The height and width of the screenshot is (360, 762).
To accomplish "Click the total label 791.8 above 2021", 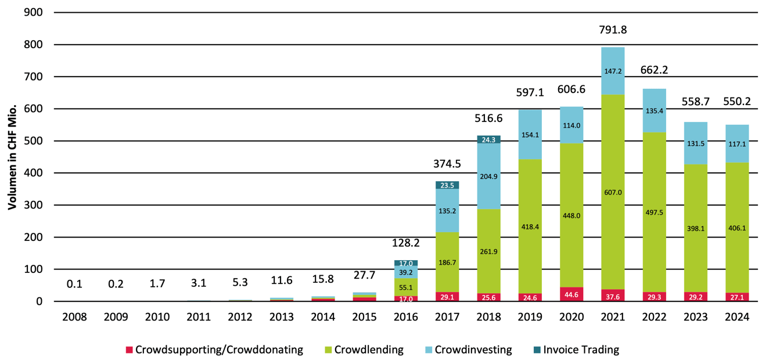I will tap(613, 30).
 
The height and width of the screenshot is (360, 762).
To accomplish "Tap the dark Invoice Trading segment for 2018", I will tap(488, 139).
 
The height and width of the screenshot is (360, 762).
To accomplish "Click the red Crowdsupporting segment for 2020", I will tap(571, 294).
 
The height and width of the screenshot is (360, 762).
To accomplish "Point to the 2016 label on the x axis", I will tap(405, 318).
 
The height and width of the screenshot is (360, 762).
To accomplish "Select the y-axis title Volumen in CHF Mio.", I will tap(11, 157).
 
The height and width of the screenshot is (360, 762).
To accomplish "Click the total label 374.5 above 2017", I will tap(447, 164).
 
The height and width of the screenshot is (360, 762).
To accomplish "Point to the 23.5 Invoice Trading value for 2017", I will tap(447, 185).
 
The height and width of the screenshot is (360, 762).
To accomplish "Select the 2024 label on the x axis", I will tap(737, 318).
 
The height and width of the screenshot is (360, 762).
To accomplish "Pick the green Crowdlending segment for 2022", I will tap(654, 212).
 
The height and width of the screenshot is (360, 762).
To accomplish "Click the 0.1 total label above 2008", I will tap(74, 284).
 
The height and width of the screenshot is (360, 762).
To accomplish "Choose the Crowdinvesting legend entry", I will tap(473, 350).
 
